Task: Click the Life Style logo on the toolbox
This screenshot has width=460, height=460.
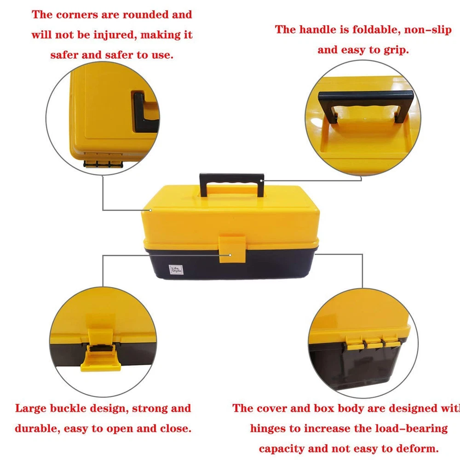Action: pyautogui.click(x=176, y=270)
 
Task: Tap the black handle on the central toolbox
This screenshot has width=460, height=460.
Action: pyautogui.click(x=231, y=178)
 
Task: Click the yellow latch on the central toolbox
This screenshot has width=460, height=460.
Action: pyautogui.click(x=232, y=248)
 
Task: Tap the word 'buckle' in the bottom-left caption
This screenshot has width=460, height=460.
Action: pyautogui.click(x=68, y=408)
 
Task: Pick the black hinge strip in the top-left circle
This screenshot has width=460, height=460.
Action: pyautogui.click(x=103, y=164)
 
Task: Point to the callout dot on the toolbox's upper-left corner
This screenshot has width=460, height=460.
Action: pyautogui.click(x=150, y=210)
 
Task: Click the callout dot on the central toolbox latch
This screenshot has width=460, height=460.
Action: pyautogui.click(x=230, y=255)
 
